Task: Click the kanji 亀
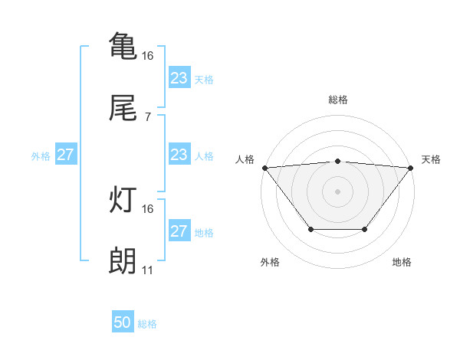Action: (x=123, y=45)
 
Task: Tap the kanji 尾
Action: (x=123, y=109)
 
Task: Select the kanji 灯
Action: (x=123, y=200)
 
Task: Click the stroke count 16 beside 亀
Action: (x=148, y=55)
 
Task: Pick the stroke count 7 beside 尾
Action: (x=147, y=117)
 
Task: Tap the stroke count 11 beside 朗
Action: (x=147, y=270)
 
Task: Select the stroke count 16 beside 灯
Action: (x=148, y=208)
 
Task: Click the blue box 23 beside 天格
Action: (x=179, y=77)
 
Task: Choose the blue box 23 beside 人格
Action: (x=179, y=155)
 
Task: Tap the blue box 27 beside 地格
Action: (x=179, y=231)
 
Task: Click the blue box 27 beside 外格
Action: (x=66, y=155)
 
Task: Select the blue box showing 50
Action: (x=123, y=323)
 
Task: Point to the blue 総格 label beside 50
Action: (x=147, y=324)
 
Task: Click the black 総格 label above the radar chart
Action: (x=338, y=100)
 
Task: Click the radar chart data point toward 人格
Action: (x=264, y=168)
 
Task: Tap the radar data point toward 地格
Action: (x=365, y=229)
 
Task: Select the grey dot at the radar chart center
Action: (x=338, y=191)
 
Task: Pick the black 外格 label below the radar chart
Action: (x=270, y=262)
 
